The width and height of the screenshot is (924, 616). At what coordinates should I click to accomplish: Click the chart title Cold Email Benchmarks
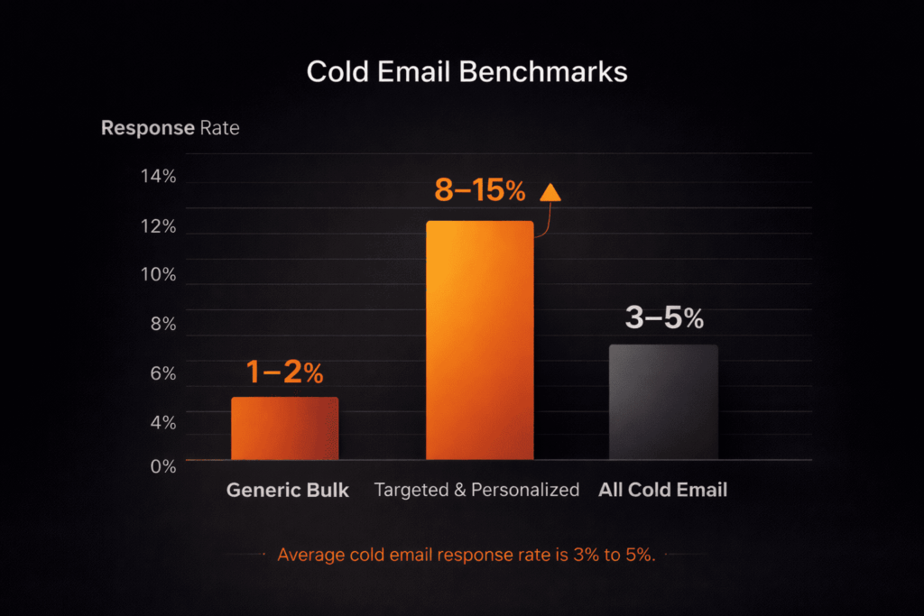point(467,72)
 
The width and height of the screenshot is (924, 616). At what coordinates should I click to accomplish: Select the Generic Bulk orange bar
point(284,428)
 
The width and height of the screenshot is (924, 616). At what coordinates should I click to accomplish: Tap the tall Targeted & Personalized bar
point(479,341)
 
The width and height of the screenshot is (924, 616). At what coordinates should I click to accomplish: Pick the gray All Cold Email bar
point(663,402)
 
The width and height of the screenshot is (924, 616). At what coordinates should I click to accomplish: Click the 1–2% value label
point(284,372)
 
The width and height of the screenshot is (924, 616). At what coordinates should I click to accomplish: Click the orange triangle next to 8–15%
point(550,191)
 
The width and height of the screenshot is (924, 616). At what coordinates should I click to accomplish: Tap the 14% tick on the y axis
point(158,177)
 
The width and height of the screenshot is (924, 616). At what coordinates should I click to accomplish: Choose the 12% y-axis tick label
point(158,226)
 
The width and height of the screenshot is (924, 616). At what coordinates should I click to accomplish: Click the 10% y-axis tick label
point(158,275)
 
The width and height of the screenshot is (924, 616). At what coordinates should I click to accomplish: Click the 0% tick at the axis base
point(162,465)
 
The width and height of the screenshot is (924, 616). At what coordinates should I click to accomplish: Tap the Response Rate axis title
point(170,128)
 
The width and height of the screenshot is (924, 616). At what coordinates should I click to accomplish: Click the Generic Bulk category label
point(287,491)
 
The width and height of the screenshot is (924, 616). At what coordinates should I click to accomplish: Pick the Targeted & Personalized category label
point(476,491)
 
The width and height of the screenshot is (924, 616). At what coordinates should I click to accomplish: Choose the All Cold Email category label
point(662,491)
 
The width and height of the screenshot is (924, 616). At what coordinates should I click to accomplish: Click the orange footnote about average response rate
point(466,555)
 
